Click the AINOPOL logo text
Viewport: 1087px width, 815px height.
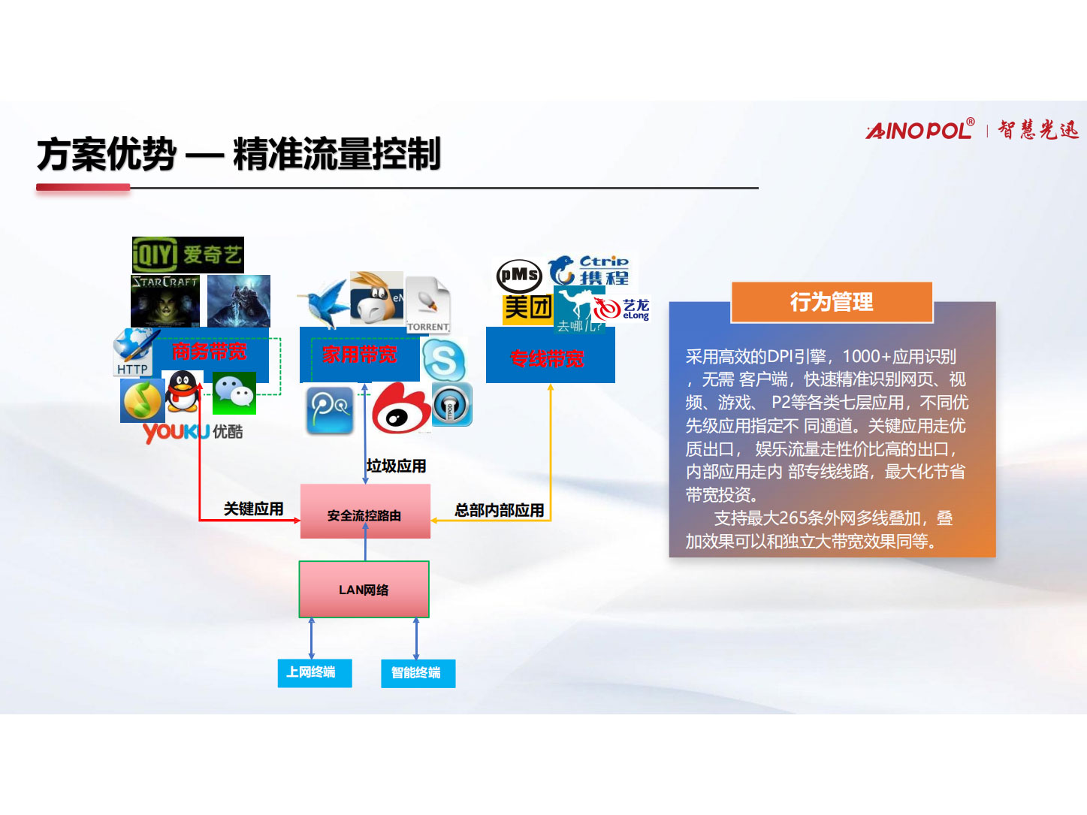[x=919, y=130]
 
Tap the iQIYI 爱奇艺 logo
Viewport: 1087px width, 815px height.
[x=188, y=255]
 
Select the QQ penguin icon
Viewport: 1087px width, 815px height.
[x=183, y=391]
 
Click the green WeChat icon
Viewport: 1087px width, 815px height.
[x=234, y=393]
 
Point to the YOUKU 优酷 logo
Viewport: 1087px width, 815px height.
[x=192, y=432]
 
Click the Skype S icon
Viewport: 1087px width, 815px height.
[x=443, y=359]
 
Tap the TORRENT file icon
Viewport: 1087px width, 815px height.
[x=427, y=304]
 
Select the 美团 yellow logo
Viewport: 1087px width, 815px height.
[x=527, y=307]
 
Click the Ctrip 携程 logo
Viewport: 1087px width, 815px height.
[x=591, y=270]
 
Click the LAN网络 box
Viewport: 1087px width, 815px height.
[x=364, y=590]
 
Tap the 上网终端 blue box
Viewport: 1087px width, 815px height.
[x=311, y=672]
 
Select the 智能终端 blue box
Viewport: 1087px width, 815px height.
[x=417, y=672]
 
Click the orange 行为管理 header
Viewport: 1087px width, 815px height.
[x=832, y=302]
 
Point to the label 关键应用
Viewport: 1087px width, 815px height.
[x=253, y=509]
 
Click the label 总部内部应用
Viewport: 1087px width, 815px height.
[x=499, y=510]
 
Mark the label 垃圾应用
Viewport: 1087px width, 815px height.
[x=396, y=466]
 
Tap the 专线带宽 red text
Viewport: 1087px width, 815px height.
[x=547, y=358]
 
